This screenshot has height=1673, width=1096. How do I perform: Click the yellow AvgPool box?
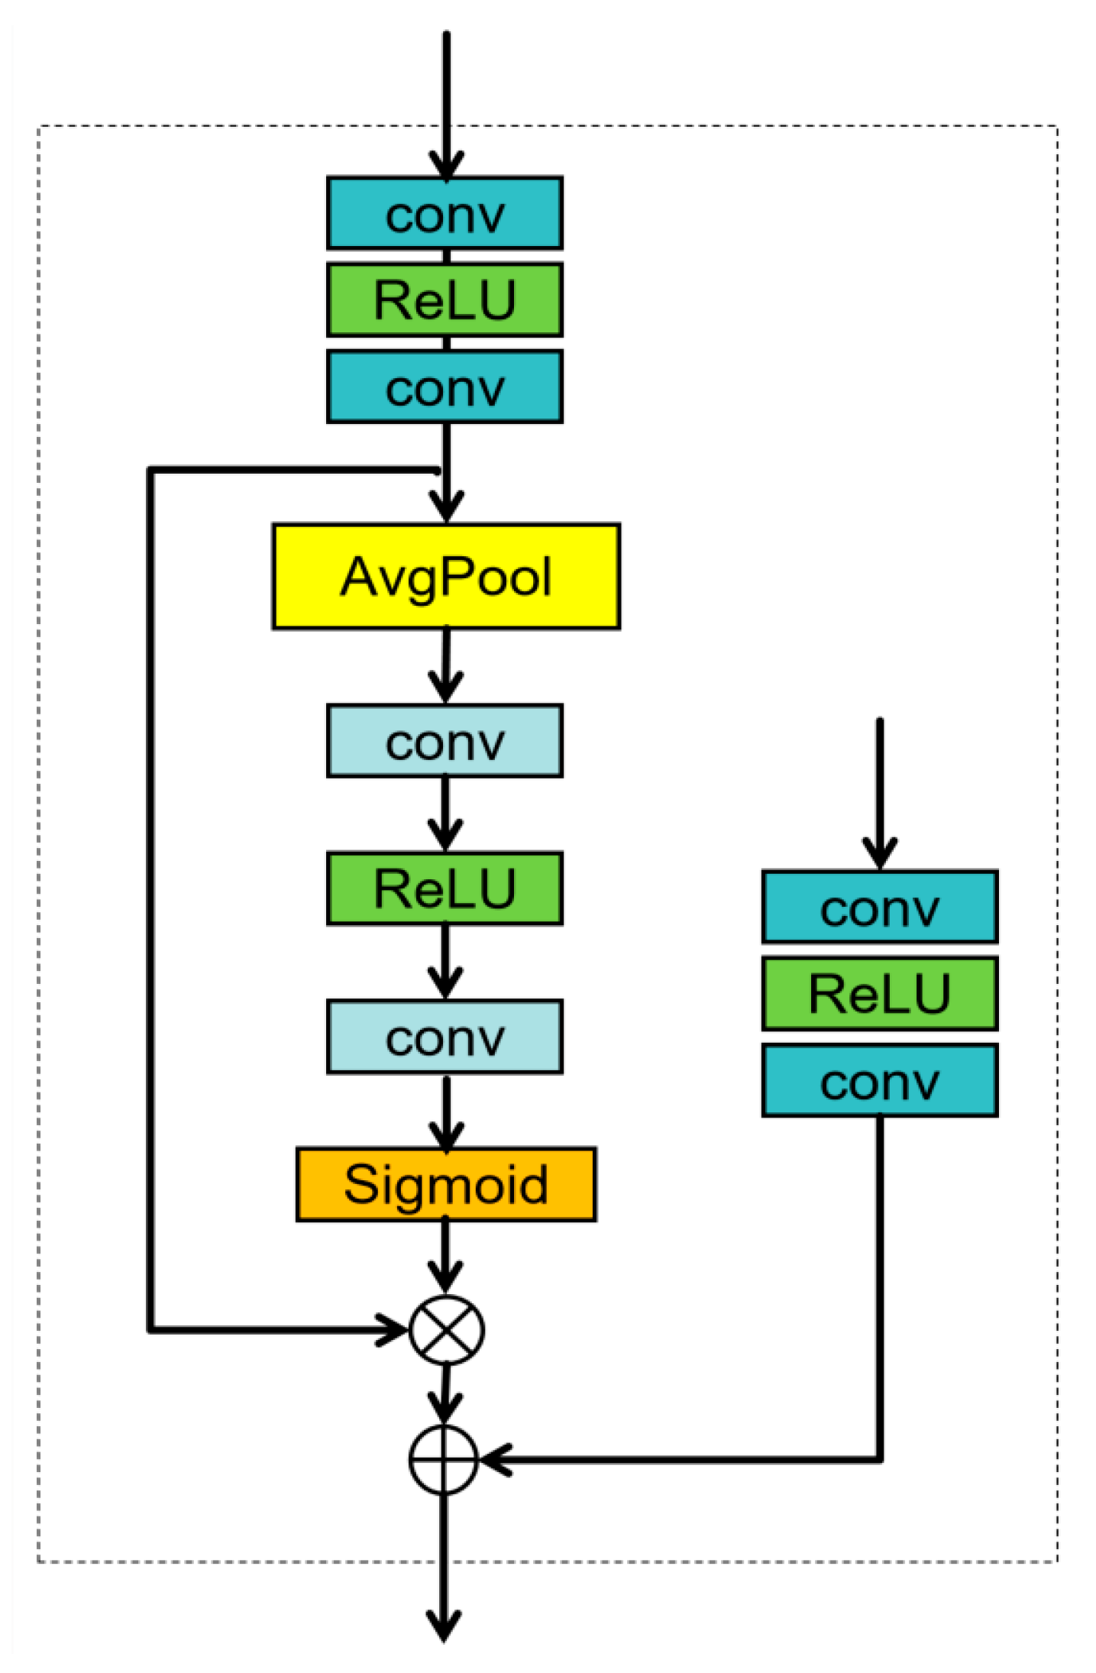(x=446, y=577)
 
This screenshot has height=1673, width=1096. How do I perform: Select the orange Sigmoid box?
(x=446, y=1184)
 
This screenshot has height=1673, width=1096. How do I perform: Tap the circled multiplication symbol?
(x=447, y=1330)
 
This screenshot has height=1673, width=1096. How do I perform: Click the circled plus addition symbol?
(x=444, y=1459)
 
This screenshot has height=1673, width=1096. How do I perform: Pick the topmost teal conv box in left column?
(x=445, y=213)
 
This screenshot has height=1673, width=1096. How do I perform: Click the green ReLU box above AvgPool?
(x=445, y=299)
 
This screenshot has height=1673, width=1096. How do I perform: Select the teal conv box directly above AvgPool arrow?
(x=445, y=387)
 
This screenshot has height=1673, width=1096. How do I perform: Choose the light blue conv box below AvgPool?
(x=445, y=741)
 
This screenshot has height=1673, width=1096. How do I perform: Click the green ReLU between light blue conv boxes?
(x=445, y=888)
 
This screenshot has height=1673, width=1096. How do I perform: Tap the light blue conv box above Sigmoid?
(x=445, y=1037)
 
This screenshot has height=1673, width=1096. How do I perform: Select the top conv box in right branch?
(x=879, y=907)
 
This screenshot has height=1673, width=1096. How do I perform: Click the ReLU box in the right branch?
(x=879, y=993)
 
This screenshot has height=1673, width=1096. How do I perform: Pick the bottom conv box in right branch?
(x=879, y=1080)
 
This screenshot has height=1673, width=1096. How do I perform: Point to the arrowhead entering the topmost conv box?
(x=446, y=165)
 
